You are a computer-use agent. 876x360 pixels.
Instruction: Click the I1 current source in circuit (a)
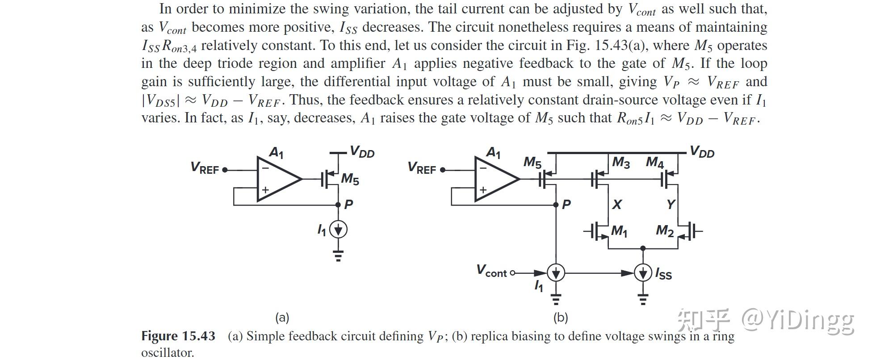click(x=339, y=230)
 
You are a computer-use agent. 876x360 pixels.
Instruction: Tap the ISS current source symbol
click(x=643, y=272)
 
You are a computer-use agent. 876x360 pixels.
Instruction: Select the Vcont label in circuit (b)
click(x=491, y=271)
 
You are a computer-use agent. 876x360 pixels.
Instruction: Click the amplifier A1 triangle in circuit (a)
click(x=277, y=179)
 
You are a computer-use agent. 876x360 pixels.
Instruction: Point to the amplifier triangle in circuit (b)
click(x=495, y=179)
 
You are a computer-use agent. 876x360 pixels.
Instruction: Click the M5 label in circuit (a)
click(x=350, y=179)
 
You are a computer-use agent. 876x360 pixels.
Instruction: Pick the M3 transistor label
click(x=620, y=163)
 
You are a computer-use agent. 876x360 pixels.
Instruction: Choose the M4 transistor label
click(x=655, y=163)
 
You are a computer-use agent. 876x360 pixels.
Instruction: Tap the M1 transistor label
click(x=619, y=231)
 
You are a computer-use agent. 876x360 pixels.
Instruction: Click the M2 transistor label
click(x=664, y=231)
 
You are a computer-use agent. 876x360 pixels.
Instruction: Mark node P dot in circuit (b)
click(x=556, y=205)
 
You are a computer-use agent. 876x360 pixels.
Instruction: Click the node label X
click(x=617, y=205)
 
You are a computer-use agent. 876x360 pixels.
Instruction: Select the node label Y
click(x=671, y=205)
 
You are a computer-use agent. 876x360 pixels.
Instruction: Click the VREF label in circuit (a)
click(x=205, y=168)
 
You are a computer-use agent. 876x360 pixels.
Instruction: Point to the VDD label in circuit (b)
click(x=702, y=152)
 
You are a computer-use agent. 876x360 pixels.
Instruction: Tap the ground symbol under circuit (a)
click(x=339, y=256)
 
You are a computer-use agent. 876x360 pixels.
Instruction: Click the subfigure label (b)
click(x=560, y=318)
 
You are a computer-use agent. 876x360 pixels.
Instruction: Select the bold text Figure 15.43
click(x=178, y=336)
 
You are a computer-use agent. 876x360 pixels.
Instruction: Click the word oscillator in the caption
click(x=168, y=353)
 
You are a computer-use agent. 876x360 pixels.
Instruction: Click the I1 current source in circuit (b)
click(x=556, y=272)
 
